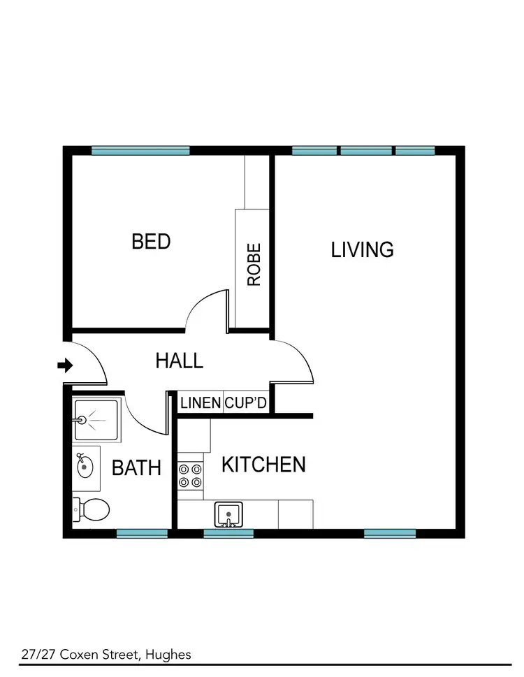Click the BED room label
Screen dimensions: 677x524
pos(151,242)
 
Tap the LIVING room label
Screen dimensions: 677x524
pos(362,249)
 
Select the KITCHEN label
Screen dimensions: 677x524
pos(263,465)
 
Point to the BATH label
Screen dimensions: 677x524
pos(136,468)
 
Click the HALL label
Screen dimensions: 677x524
pos(179,361)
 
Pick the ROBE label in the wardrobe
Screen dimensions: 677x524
pos(254,264)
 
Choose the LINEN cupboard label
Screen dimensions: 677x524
pos(201,403)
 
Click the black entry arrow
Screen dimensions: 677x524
pos(65,365)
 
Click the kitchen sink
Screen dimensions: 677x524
pos(228,516)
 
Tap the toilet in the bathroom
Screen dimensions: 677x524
pos(91,510)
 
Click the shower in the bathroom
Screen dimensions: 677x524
pos(96,419)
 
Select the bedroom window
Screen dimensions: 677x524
pos(140,150)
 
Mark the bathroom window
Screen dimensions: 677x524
pos(142,533)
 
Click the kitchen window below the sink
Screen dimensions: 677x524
pos(228,533)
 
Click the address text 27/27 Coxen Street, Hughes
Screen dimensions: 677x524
pos(105,655)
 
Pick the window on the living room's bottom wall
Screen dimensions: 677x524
pos(390,533)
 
